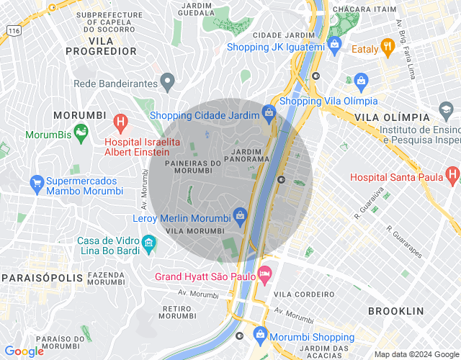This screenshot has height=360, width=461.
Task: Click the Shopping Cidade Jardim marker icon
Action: pos(269,112)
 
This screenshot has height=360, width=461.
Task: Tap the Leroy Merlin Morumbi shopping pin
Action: pos(241,215)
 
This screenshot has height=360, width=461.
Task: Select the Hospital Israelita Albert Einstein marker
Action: pos(121,122)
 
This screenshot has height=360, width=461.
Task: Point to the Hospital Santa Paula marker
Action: pos(452,174)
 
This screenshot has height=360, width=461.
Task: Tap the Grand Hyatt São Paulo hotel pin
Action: pos(265,274)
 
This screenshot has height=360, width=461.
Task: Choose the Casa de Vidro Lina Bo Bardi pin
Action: pos(148,243)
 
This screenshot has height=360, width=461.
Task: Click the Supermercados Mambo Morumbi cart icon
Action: pos(37,183)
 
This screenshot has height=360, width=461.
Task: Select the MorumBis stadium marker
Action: pos(81,131)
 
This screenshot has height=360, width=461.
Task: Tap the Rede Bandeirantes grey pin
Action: pos(167,82)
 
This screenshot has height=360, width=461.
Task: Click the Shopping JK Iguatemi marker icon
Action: pos(334,45)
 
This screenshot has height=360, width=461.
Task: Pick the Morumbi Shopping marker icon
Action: pos(259,335)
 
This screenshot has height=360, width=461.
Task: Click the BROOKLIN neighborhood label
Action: pos(395,311)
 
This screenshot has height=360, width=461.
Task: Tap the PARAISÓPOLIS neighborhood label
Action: pos(35,277)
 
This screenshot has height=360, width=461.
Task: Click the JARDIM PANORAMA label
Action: pos(247,155)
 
